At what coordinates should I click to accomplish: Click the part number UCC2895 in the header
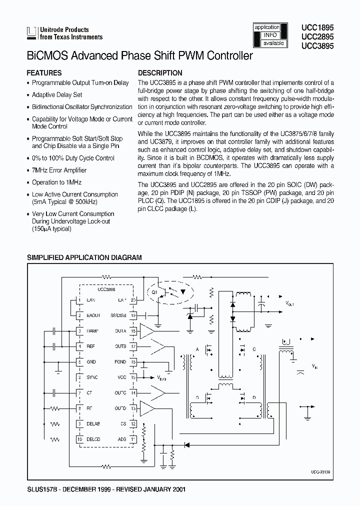(x=317, y=37)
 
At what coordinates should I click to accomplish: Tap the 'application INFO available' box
(x=270, y=35)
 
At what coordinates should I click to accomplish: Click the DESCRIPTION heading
(x=160, y=72)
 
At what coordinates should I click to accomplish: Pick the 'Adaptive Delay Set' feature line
(x=56, y=94)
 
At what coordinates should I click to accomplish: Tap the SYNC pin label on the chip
(x=92, y=377)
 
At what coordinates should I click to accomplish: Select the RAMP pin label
(x=93, y=331)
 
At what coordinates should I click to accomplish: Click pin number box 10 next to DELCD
(x=79, y=439)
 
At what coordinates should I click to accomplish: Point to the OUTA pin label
(x=120, y=331)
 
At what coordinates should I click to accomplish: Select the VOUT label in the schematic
(x=290, y=303)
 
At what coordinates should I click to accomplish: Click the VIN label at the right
(x=314, y=366)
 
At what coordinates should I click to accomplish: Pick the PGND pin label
(x=120, y=362)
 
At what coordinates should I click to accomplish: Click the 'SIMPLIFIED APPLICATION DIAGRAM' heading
(x=84, y=257)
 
